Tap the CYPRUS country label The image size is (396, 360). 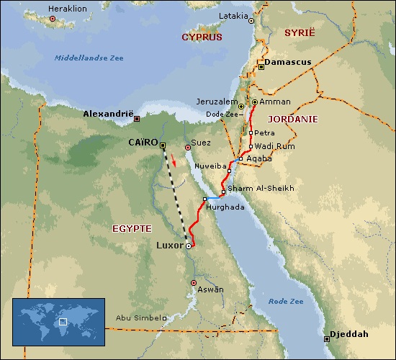click(201, 37)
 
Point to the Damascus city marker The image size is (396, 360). click(261, 63)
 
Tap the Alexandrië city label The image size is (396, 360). click(108, 114)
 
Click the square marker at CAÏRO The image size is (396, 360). click(163, 145)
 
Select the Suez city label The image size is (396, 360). click(202, 143)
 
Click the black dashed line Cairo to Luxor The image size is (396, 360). click(176, 191)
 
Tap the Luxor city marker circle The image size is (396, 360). click(189, 246)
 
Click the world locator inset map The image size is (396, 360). click(58, 320)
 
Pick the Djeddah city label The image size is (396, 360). click(348, 335)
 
